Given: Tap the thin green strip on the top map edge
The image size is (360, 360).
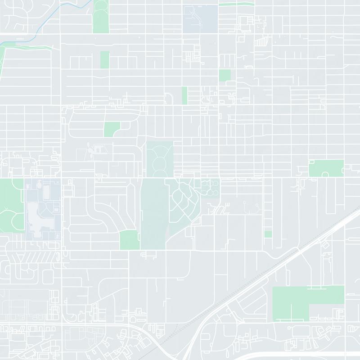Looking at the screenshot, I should [236, 4].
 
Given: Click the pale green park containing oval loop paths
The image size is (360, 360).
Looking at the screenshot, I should [160, 160].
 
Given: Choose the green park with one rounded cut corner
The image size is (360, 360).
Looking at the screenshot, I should [111, 129].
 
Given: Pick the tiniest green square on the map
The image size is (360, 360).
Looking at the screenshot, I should [268, 234].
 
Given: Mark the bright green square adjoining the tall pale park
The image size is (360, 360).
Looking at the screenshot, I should [130, 239].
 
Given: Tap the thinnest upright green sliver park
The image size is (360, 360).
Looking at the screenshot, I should [184, 95].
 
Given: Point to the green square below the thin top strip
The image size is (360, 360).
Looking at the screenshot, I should [225, 75].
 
